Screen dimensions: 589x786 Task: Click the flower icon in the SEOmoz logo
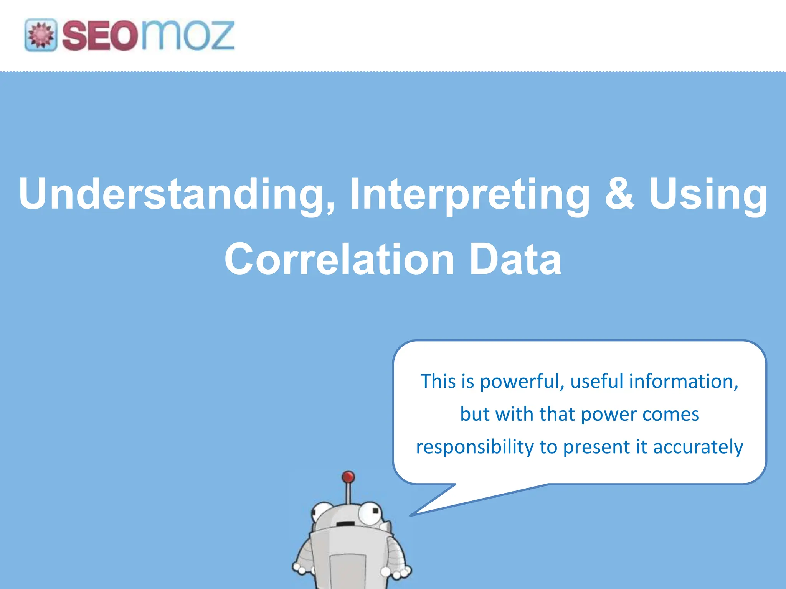click(41, 35)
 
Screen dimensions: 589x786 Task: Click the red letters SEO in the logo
click(100, 36)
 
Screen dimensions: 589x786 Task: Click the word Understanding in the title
click(177, 194)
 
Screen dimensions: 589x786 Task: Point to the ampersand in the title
click(619, 193)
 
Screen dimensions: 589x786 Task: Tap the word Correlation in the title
click(339, 260)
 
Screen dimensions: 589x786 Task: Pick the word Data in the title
click(515, 260)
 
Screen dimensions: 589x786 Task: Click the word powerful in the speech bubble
click(522, 382)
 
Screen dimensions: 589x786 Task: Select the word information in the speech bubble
click(683, 381)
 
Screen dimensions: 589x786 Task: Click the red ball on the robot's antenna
click(348, 477)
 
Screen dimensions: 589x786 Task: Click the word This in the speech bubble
click(438, 381)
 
